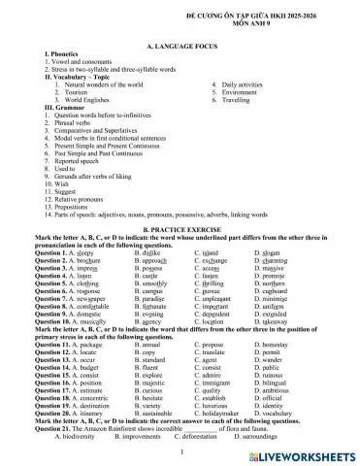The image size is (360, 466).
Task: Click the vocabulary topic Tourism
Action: click(76, 92)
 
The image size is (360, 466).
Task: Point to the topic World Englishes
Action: click(83, 100)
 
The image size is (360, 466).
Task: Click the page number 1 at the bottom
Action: click(180, 451)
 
